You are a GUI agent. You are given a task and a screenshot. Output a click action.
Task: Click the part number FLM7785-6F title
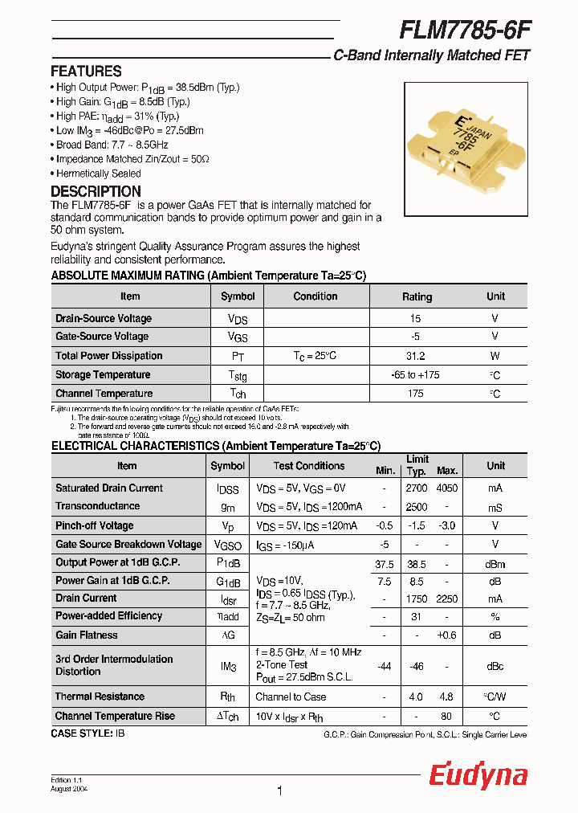coord(465,30)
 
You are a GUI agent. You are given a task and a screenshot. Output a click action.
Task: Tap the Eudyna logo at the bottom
coord(478,775)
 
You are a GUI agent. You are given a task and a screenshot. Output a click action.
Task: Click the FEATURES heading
coord(86,71)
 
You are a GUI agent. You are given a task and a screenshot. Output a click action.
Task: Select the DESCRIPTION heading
coord(96,191)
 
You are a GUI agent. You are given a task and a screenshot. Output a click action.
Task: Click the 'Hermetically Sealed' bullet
coord(98,174)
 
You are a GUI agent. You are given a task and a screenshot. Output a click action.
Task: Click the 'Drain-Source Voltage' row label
coord(103,318)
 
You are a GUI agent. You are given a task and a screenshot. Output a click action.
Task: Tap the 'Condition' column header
coord(315,296)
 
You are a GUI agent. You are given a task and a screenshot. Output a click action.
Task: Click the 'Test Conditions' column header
coord(308,466)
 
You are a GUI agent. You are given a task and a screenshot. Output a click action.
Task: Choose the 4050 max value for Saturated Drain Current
coord(446,488)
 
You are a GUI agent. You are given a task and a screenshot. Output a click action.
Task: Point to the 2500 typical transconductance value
coord(416,507)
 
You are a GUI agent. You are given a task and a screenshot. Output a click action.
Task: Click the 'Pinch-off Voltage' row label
coord(94,525)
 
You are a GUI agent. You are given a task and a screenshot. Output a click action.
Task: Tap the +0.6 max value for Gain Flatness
coord(446,635)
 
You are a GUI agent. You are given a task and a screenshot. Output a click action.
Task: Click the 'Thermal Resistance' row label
coord(100,697)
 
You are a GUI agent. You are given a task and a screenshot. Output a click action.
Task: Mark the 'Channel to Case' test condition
coord(291,697)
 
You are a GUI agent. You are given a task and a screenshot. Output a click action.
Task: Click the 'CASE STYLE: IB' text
coord(88,733)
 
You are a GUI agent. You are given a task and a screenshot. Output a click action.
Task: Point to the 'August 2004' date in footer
coord(69,790)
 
